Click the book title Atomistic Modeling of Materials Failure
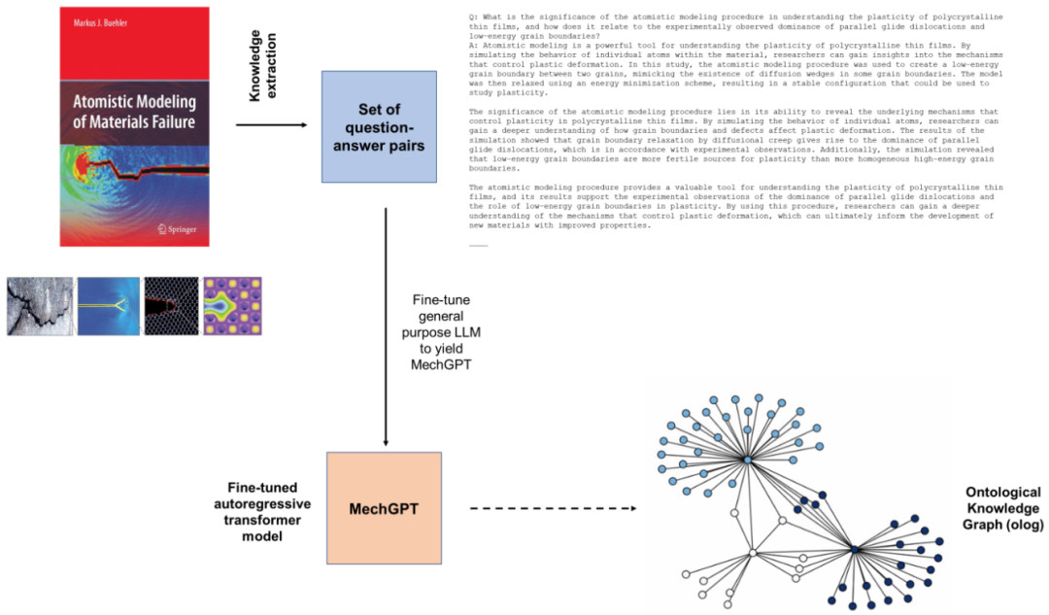(135, 112)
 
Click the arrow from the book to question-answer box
(271, 124)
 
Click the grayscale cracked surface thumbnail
(40, 307)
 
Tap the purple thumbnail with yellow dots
(233, 307)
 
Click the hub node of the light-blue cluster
(748, 460)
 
